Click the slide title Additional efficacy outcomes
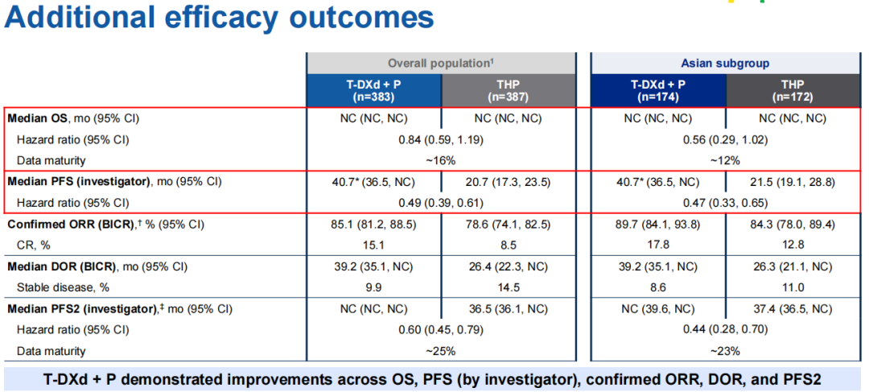[x=219, y=17]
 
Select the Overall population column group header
[x=440, y=63]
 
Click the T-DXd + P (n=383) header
[x=373, y=89]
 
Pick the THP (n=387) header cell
[x=509, y=89]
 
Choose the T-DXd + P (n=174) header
[x=658, y=89]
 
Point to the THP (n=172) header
[x=793, y=89]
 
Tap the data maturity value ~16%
[x=440, y=160]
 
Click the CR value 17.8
[x=658, y=245]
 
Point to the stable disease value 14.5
[x=509, y=287]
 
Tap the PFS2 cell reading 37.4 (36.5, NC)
[x=793, y=308]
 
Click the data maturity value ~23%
[x=726, y=350]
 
